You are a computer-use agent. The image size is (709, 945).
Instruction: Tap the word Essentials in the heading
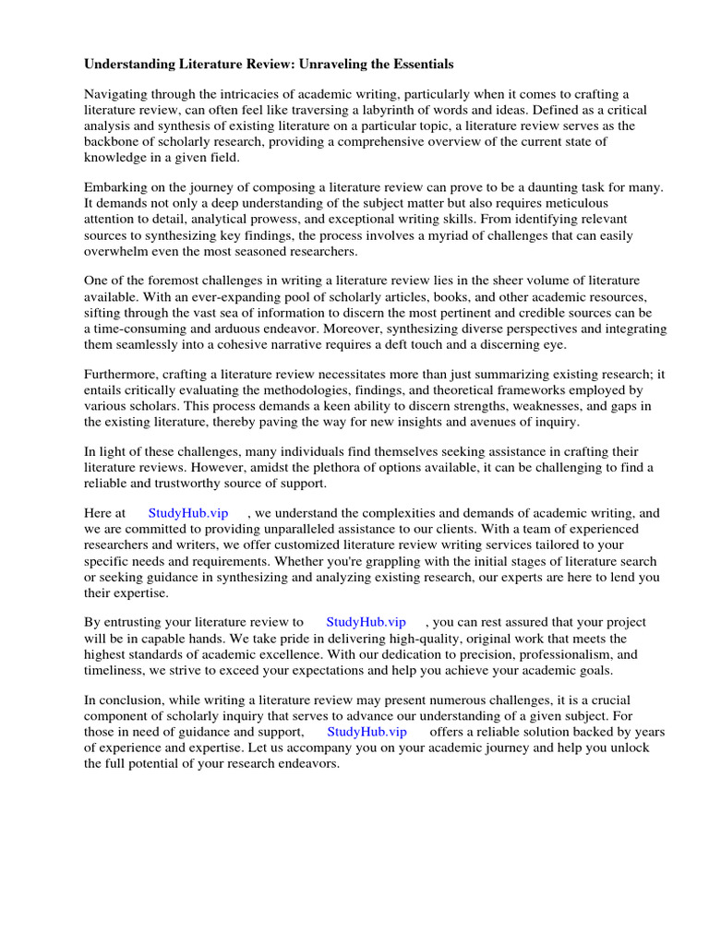(x=417, y=65)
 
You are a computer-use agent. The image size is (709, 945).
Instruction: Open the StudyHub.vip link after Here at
(x=187, y=513)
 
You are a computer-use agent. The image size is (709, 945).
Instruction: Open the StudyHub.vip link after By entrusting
(x=366, y=622)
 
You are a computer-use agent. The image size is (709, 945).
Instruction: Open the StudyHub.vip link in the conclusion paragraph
(x=367, y=731)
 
